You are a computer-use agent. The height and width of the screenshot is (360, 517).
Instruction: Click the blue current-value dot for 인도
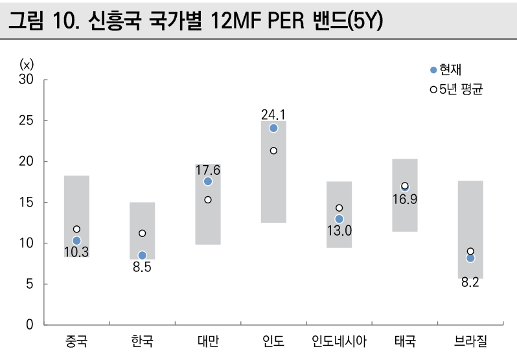click(273, 128)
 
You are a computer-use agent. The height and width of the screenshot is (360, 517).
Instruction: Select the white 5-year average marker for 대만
click(208, 199)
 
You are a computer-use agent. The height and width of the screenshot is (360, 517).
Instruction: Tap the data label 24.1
click(273, 114)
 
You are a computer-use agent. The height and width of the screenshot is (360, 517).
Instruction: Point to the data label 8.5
click(142, 267)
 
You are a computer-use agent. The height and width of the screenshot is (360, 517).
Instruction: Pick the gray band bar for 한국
click(142, 220)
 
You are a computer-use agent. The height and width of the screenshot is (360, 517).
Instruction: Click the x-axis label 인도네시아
click(339, 341)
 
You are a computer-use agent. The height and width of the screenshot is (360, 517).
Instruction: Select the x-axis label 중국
click(76, 341)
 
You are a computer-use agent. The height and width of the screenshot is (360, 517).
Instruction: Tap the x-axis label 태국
click(404, 341)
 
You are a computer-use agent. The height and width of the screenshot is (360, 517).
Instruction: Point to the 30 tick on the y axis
click(27, 80)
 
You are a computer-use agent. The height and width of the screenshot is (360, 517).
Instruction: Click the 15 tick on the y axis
click(27, 203)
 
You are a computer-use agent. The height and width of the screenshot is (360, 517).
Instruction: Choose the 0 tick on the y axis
click(30, 325)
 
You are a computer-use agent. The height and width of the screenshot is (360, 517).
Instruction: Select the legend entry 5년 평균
click(457, 89)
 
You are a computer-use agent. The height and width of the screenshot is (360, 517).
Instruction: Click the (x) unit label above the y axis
click(27, 63)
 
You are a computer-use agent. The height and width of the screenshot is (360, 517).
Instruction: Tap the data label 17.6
click(208, 170)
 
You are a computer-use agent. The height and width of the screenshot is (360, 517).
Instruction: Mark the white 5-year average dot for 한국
click(142, 233)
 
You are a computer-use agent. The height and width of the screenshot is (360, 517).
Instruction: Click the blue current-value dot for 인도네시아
click(339, 219)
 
